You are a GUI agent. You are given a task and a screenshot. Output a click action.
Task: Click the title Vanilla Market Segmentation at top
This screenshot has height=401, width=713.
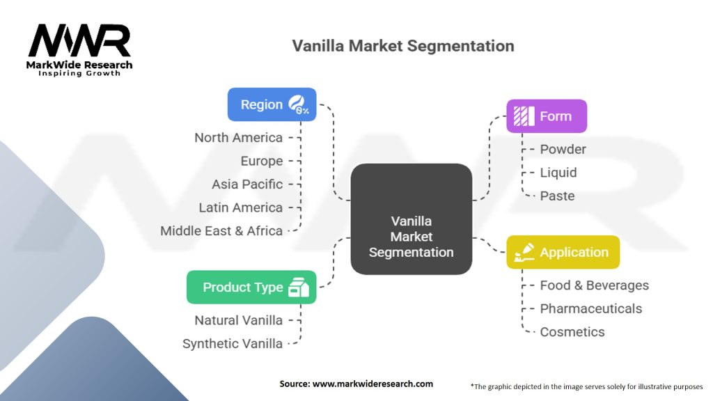(403, 46)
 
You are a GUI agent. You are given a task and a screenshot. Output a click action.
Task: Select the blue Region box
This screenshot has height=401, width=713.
(272, 104)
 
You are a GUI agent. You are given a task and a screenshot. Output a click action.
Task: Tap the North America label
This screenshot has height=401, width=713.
(238, 138)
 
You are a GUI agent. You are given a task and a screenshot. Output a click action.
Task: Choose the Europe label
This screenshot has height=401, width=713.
(261, 161)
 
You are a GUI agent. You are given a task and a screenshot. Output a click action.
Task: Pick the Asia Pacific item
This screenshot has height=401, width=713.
(247, 184)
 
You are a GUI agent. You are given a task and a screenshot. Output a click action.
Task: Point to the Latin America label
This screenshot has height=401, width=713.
(240, 207)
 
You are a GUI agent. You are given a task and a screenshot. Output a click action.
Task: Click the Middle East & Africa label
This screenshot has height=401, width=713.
(221, 230)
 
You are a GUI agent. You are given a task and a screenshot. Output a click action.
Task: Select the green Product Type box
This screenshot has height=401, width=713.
(251, 287)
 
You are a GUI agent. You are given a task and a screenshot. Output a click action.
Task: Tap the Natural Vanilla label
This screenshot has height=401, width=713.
(238, 320)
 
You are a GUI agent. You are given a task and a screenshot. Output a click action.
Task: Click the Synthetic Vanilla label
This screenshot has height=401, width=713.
(233, 343)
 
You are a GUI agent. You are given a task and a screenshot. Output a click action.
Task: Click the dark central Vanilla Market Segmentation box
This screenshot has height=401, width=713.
(411, 219)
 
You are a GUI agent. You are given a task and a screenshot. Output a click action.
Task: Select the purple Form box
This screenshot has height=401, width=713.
(547, 116)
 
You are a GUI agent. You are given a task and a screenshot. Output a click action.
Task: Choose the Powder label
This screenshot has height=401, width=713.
(563, 149)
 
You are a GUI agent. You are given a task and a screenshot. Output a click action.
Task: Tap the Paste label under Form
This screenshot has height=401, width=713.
(557, 196)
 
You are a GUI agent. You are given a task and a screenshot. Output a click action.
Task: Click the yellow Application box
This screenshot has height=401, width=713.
(563, 252)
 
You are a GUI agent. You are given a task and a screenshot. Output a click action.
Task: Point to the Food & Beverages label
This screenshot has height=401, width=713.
(594, 285)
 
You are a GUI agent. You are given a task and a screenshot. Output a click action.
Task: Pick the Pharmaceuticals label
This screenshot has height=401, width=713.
(590, 308)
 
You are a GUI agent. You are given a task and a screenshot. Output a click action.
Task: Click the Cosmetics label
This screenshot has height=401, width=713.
(572, 332)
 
